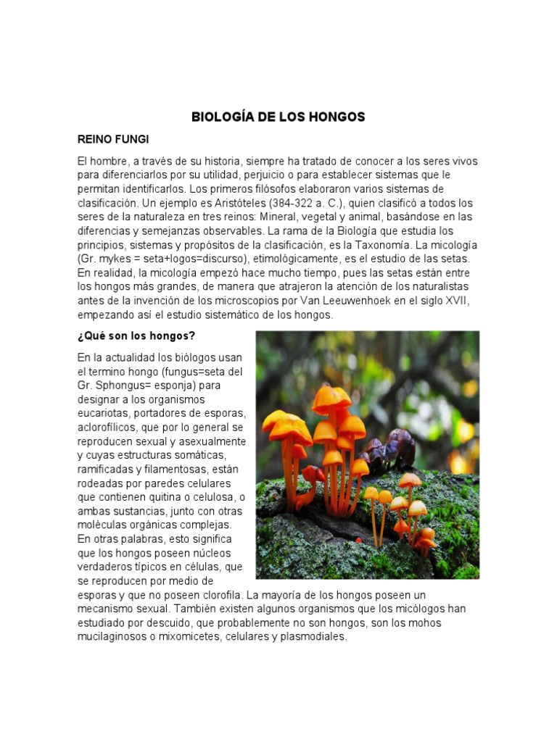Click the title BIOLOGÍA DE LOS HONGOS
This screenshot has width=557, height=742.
[278, 117]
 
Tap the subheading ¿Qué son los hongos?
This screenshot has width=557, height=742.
[136, 335]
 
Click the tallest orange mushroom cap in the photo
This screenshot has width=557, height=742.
[331, 397]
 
